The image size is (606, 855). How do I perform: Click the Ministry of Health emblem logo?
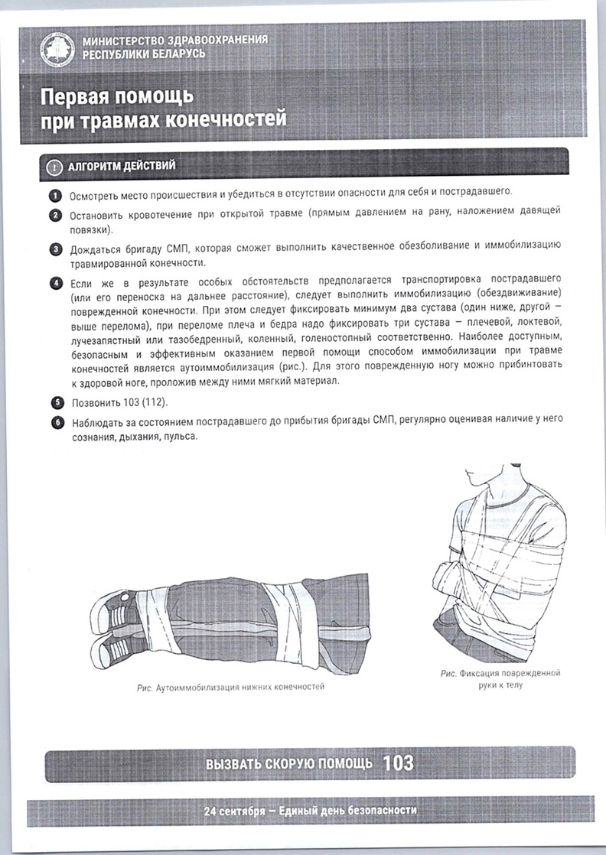click(58, 49)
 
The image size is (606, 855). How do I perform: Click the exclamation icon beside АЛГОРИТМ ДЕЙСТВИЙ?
click(54, 167)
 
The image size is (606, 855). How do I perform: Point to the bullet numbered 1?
click(55, 194)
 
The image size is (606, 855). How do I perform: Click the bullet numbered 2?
click(56, 215)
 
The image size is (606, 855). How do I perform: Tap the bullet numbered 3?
click(56, 250)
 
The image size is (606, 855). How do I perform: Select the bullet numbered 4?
click(57, 284)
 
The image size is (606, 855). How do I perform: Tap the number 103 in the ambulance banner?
click(398, 763)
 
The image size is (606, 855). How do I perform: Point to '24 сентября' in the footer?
click(233, 811)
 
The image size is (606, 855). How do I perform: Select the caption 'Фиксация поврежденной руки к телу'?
click(500, 679)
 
